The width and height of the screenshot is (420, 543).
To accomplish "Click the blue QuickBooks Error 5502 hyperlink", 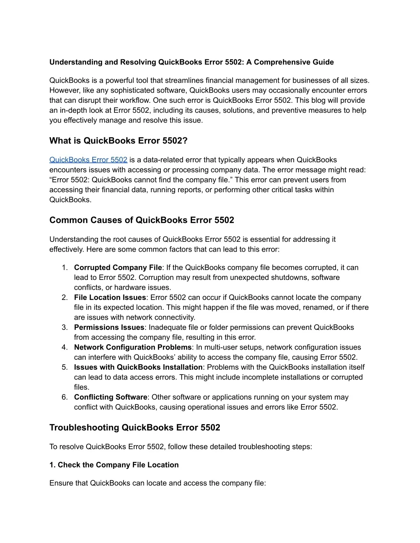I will click(88, 160).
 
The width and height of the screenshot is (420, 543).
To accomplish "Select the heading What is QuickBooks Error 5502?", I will click(118, 141).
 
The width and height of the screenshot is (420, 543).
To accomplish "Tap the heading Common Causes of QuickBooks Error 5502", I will click(142, 220).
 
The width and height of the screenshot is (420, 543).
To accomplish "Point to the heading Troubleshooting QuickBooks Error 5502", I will click(135, 427).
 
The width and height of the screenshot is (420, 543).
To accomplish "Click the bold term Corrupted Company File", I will click(118, 268).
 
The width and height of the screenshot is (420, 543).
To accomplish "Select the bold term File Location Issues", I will click(110, 298).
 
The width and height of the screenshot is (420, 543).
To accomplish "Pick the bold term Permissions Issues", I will click(109, 327).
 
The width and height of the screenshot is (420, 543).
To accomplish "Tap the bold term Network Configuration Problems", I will click(132, 348).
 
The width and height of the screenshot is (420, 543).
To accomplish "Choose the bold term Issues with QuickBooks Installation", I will click(138, 367).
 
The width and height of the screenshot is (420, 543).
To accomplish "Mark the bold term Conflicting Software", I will click(110, 397).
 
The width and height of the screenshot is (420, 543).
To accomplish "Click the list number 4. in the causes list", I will click(65, 348).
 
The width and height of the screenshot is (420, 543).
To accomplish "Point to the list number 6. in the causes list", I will click(65, 397).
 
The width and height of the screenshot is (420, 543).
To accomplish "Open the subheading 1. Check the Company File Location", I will click(114, 465).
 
